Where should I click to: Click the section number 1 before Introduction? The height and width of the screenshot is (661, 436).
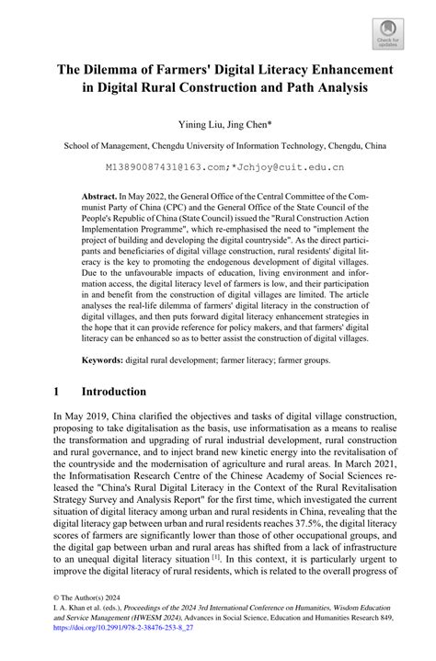(56, 391)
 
